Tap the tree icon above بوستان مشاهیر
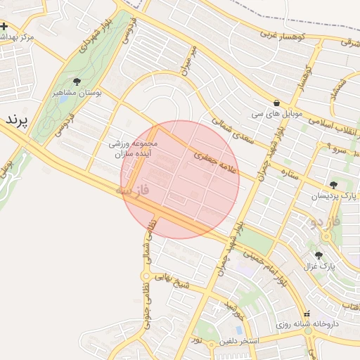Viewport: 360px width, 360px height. (77, 82)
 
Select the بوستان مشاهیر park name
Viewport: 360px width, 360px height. (77, 92)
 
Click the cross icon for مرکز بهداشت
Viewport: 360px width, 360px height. (5, 26)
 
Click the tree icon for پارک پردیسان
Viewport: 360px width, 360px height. (333, 184)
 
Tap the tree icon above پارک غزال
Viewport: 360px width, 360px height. (319, 255)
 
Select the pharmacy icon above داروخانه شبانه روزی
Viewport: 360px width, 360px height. (307, 314)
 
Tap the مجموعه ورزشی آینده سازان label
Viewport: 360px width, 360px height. (136, 148)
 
